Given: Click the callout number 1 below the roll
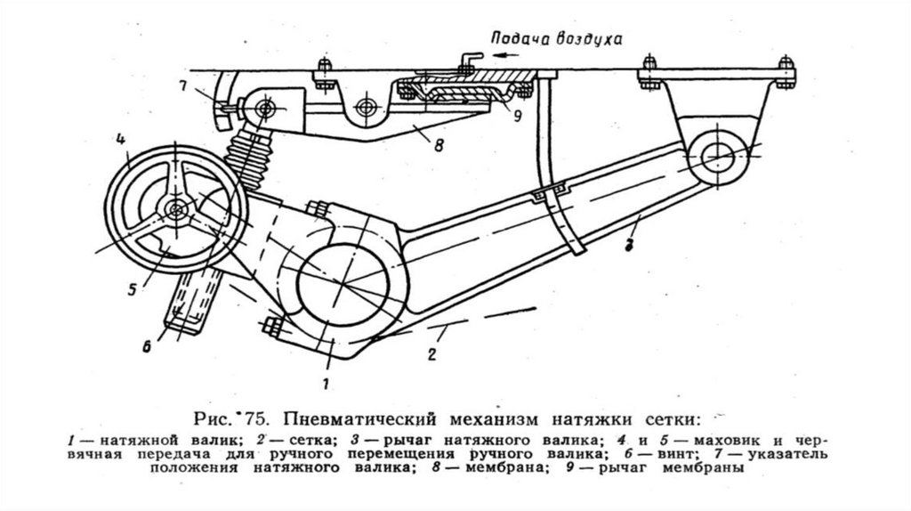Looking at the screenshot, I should (327, 384).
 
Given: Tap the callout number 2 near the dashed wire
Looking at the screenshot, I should (430, 355).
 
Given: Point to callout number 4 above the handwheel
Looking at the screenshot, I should (117, 139).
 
